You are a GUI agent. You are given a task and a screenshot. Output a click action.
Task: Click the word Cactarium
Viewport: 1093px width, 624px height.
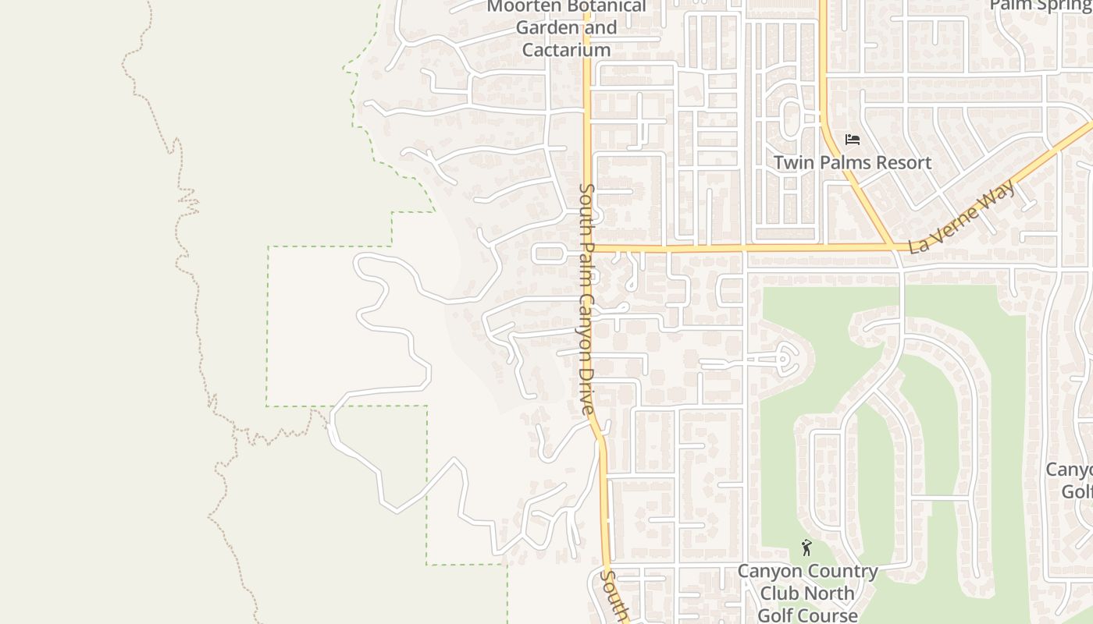(x=566, y=50)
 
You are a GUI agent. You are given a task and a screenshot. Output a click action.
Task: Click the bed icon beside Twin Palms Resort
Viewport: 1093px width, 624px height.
(x=853, y=140)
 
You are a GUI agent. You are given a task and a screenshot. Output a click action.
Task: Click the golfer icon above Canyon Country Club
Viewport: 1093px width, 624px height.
(x=806, y=548)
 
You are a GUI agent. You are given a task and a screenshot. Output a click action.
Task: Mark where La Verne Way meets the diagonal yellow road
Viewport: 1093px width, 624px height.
(x=893, y=248)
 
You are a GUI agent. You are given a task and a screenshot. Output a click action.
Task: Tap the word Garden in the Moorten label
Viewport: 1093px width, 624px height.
(x=544, y=28)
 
